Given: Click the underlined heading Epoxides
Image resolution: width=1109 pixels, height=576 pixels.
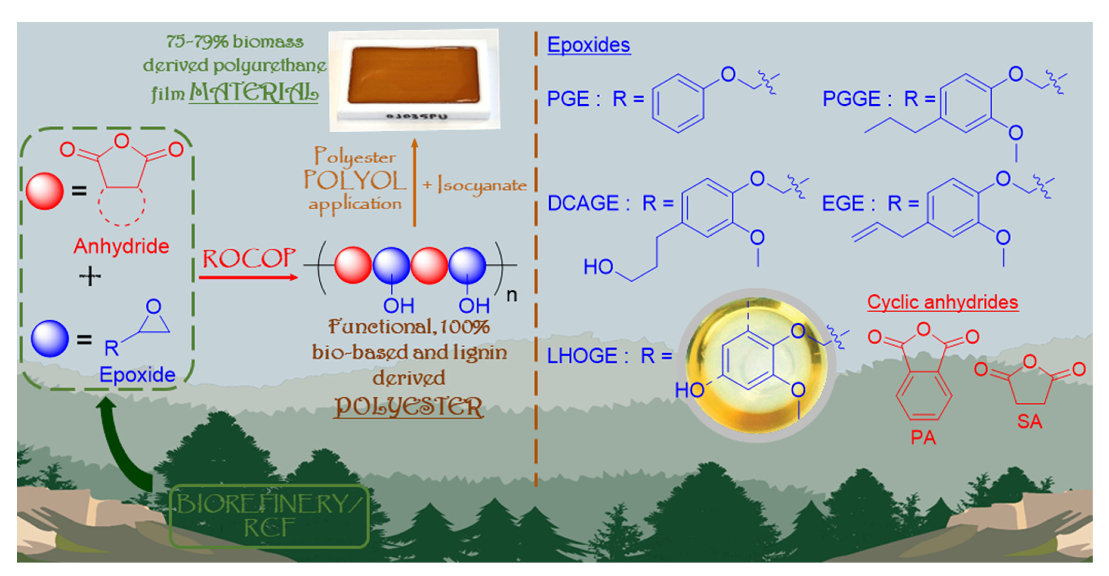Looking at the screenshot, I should pos(588,45).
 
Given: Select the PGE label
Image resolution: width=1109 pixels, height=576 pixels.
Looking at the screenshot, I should pos(568,99).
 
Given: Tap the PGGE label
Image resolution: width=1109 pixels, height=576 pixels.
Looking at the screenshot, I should pos(851,99).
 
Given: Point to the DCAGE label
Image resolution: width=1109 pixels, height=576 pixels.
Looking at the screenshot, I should pos(583,203).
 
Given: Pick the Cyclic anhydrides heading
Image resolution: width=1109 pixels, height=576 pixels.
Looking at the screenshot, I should pos(942,302).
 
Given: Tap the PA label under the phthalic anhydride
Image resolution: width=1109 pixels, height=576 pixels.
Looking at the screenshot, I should pos(923,438).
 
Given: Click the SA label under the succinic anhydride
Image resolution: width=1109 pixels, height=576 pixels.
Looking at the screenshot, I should pos(1029,421).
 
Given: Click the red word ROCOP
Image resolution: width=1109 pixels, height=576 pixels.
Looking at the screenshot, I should pos(249,259).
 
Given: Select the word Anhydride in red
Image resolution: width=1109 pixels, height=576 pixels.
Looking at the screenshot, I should pos(121,246).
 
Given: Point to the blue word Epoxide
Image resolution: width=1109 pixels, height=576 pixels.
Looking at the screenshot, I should pos(137,374).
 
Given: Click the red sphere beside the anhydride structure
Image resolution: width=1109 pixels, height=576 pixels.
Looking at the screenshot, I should pos(44,191).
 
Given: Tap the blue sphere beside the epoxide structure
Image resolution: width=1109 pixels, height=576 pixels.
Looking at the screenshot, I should pos(49,338).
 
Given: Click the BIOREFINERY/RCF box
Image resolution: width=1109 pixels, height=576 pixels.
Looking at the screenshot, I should pos(269,516).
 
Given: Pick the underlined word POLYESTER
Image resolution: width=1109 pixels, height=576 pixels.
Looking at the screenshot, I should pos(408,406).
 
